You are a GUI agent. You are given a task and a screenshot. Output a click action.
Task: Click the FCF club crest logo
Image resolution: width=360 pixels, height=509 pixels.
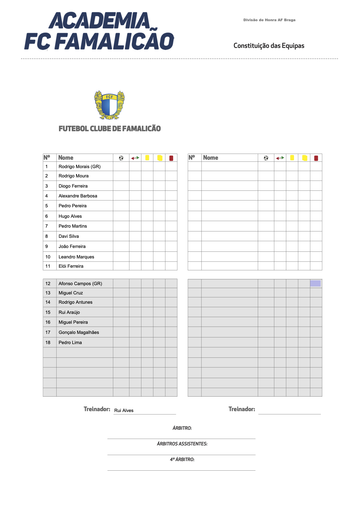109,105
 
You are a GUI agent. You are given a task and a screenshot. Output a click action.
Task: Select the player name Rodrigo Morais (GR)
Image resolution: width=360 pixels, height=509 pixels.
80,167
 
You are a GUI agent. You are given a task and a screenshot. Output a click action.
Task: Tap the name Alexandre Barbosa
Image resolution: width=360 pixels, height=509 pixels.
78,196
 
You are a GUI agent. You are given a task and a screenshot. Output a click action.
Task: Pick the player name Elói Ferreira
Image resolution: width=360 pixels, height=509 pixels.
71,266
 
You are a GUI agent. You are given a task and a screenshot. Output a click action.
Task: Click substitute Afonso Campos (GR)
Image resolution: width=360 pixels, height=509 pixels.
80,284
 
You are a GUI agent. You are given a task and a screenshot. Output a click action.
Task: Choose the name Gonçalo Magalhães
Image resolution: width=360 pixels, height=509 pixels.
79,332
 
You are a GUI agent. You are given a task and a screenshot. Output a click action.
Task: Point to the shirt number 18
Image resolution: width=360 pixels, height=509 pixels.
48,343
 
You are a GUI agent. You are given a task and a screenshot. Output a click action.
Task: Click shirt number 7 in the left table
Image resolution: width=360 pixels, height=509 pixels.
46,226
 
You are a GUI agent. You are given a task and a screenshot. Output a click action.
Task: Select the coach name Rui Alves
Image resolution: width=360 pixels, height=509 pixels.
124,411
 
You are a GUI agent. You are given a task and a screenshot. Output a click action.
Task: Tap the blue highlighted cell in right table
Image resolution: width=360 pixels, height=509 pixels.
315,283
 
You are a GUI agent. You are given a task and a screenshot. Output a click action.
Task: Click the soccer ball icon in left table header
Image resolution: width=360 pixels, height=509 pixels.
121,158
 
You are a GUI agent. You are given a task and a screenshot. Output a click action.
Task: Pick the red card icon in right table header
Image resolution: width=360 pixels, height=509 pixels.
316,158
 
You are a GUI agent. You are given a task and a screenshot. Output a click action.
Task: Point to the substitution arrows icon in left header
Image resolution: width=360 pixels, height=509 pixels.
135,158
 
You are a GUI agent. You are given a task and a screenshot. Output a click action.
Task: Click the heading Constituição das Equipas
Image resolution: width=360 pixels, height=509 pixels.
269,46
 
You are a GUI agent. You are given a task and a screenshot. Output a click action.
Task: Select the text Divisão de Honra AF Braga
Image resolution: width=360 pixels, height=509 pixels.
269,20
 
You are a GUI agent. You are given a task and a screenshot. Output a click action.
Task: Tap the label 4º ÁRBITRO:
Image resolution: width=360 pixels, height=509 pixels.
182,460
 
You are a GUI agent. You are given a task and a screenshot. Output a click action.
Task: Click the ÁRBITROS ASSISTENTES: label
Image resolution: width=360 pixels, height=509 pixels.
182,444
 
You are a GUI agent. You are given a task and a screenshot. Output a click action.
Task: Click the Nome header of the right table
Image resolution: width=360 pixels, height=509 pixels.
211,158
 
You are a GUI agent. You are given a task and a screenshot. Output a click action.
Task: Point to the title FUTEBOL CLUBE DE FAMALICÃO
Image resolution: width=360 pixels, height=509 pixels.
110,129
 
